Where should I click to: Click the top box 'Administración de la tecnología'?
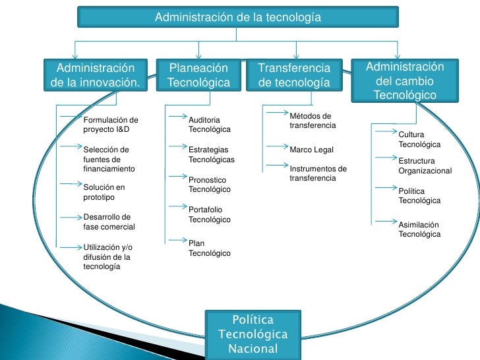(x=238, y=17)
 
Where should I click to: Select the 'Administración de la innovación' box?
(x=96, y=76)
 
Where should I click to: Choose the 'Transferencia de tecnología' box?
(x=293, y=76)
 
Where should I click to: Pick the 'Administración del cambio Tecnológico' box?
(x=405, y=81)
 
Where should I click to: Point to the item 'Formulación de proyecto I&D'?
(x=111, y=125)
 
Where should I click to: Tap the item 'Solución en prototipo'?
(x=104, y=192)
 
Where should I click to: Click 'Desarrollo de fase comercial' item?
(x=109, y=222)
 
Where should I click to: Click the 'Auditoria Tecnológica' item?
(x=209, y=125)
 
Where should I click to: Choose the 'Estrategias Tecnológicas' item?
(x=211, y=154)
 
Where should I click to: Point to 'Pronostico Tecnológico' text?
(x=209, y=184)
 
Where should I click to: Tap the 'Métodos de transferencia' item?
(x=313, y=121)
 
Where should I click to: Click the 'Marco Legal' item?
(x=311, y=150)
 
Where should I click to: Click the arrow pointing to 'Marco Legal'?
(x=276, y=148)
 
